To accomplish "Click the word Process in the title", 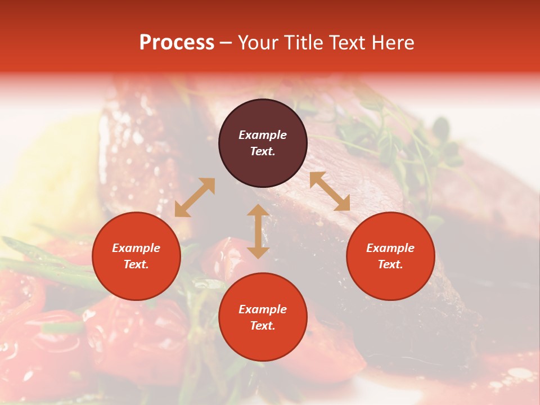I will pyautogui.click(x=177, y=43).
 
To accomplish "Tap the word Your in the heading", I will pyautogui.click(x=258, y=43).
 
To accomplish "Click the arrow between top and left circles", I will pyautogui.click(x=195, y=197).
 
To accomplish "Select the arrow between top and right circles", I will pyautogui.click(x=330, y=191).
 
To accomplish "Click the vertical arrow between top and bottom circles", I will pyautogui.click(x=258, y=231).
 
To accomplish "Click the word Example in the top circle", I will pyautogui.click(x=263, y=135).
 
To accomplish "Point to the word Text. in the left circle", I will pyautogui.click(x=136, y=264).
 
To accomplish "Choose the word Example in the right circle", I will pyautogui.click(x=390, y=248).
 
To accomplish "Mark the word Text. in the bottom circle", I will pyautogui.click(x=263, y=326).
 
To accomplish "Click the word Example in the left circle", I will pyautogui.click(x=136, y=248).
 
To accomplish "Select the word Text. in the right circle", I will pyautogui.click(x=390, y=264).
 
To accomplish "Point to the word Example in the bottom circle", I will pyautogui.click(x=263, y=309).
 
